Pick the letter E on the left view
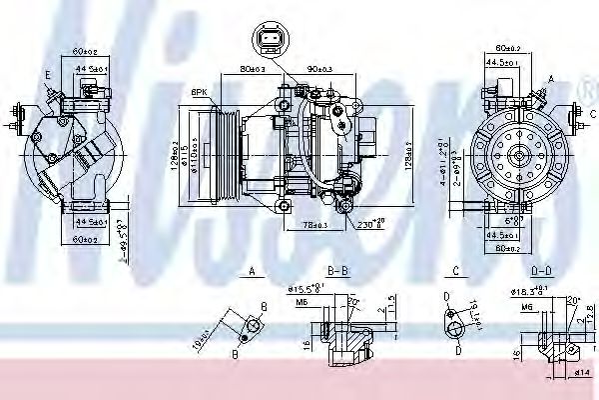47,74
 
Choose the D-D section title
543,271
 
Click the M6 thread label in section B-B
301,299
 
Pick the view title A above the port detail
253,271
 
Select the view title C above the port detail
455,271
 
